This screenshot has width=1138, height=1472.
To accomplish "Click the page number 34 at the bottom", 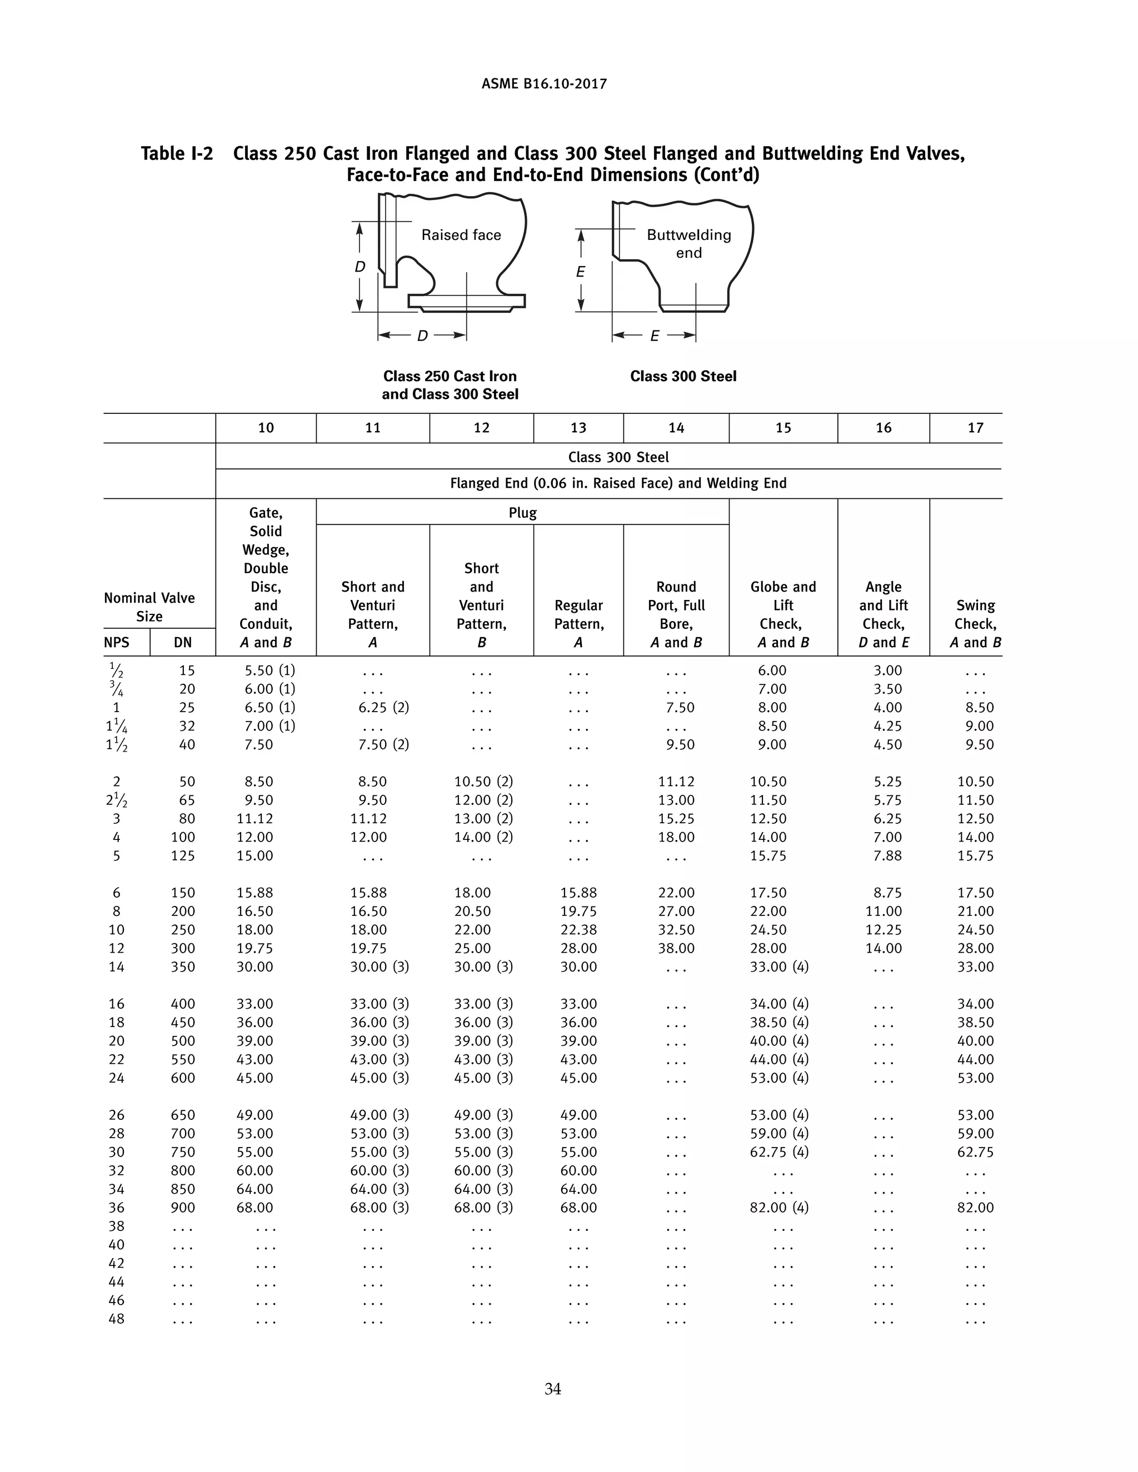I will pyautogui.click(x=552, y=1389).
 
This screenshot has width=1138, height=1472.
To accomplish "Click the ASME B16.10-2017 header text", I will pyautogui.click(x=544, y=84).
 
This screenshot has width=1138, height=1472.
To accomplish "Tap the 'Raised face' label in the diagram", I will pyautogui.click(x=461, y=235).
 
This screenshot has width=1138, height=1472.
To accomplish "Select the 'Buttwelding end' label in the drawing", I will pyautogui.click(x=688, y=243).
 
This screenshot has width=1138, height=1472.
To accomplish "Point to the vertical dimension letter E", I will pyautogui.click(x=581, y=272).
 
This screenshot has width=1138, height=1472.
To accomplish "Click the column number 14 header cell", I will pyautogui.click(x=676, y=428).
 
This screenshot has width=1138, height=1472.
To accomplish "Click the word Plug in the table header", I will pyautogui.click(x=522, y=513).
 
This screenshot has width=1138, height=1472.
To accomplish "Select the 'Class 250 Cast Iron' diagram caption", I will pyautogui.click(x=450, y=377).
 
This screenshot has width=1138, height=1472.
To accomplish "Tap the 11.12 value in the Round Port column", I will pyautogui.click(x=676, y=782).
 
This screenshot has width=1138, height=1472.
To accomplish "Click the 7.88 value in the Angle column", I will pyautogui.click(x=883, y=856).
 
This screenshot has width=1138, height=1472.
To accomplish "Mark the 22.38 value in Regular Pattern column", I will pyautogui.click(x=578, y=930).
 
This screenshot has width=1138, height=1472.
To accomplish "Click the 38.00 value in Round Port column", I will pyautogui.click(x=676, y=948).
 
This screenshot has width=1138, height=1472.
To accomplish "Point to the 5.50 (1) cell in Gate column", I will pyautogui.click(x=269, y=670).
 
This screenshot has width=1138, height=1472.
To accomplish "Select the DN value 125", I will pyautogui.click(x=183, y=856).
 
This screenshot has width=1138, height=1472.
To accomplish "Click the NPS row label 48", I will pyautogui.click(x=117, y=1319).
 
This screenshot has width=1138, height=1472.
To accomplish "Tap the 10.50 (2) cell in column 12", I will pyautogui.click(x=483, y=782).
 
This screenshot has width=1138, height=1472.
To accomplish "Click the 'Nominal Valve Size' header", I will pyautogui.click(x=149, y=607).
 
